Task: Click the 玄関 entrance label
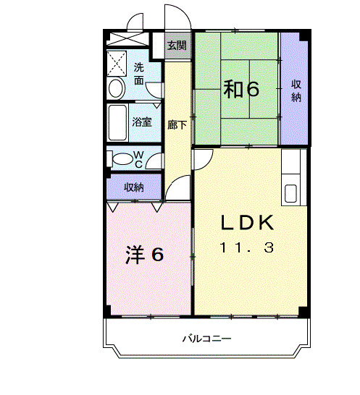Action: (176, 46)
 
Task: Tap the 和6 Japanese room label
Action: (240, 89)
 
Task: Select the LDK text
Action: (247, 223)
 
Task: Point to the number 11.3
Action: (247, 248)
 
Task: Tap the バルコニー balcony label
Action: (206, 339)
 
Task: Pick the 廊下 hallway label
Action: (177, 124)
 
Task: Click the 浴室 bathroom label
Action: (142, 122)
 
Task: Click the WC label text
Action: (142, 158)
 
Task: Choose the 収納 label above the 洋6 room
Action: (133, 187)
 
